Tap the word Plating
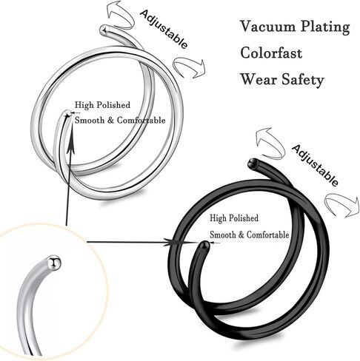(x=325, y=27)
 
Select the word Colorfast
(x=271, y=53)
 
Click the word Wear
(x=259, y=79)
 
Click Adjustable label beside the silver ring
(x=164, y=29)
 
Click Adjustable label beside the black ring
(x=315, y=165)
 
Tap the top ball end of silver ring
(x=104, y=30)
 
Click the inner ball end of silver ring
(x=67, y=114)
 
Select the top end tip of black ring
(x=253, y=163)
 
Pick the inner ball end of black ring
(x=205, y=245)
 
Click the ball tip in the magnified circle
(x=54, y=263)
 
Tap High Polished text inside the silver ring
(x=102, y=105)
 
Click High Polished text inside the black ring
(x=234, y=218)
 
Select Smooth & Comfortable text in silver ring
(x=120, y=121)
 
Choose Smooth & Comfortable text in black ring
(x=250, y=235)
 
